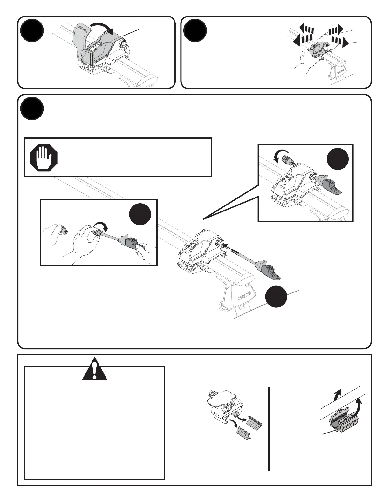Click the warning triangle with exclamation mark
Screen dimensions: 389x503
point(94,370)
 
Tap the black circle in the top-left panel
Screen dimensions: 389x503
point(32,31)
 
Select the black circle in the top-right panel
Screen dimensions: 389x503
point(195,31)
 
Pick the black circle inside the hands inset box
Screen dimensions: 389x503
point(140,215)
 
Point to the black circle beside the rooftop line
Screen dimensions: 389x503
point(276,297)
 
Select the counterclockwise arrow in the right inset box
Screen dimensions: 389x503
point(281,156)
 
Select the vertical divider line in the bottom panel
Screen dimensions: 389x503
point(269,429)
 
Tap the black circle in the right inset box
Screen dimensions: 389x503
point(338,158)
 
